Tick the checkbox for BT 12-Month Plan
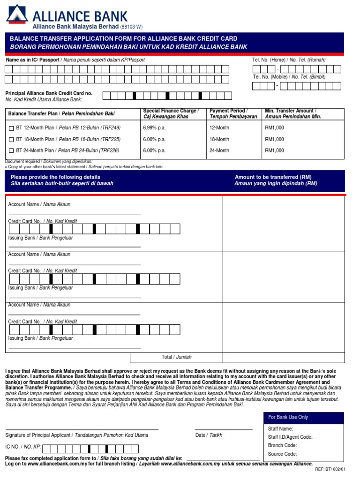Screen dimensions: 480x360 11,128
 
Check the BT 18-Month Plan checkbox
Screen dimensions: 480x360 11,140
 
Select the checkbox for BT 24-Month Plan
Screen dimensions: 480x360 11,151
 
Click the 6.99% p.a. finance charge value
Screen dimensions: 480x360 154,127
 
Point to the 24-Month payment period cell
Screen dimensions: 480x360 219,150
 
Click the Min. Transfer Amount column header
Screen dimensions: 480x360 291,113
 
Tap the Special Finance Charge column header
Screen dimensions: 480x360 171,113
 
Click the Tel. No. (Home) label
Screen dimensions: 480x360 289,60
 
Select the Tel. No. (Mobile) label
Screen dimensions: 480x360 289,77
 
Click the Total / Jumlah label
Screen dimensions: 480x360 176,357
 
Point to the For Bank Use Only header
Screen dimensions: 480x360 288,417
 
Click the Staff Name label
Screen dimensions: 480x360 280,428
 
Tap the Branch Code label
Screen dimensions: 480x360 282,445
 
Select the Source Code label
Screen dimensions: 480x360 282,454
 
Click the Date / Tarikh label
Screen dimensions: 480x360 209,435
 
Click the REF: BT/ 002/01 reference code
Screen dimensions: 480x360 330,469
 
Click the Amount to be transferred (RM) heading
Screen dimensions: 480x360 273,177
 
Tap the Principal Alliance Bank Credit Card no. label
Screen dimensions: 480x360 49,93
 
